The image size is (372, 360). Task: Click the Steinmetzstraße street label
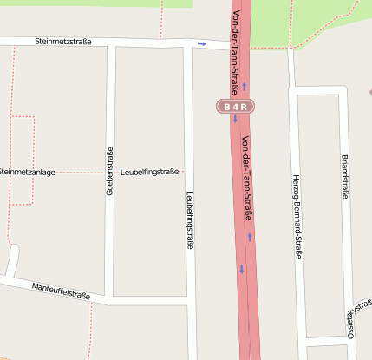pos(65,41)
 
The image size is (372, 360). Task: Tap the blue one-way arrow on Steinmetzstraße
pos(202,43)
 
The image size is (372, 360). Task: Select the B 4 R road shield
pos(236,107)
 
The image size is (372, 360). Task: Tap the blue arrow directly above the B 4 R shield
pos(245,86)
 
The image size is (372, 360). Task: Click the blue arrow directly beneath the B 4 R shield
pos(234,119)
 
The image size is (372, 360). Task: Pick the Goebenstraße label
pos(110,170)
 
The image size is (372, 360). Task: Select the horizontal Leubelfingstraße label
pos(150,172)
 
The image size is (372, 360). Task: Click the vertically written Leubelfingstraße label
pos(190,221)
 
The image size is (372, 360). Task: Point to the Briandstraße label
pos(344,179)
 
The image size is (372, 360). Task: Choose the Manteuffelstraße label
pos(61,291)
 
